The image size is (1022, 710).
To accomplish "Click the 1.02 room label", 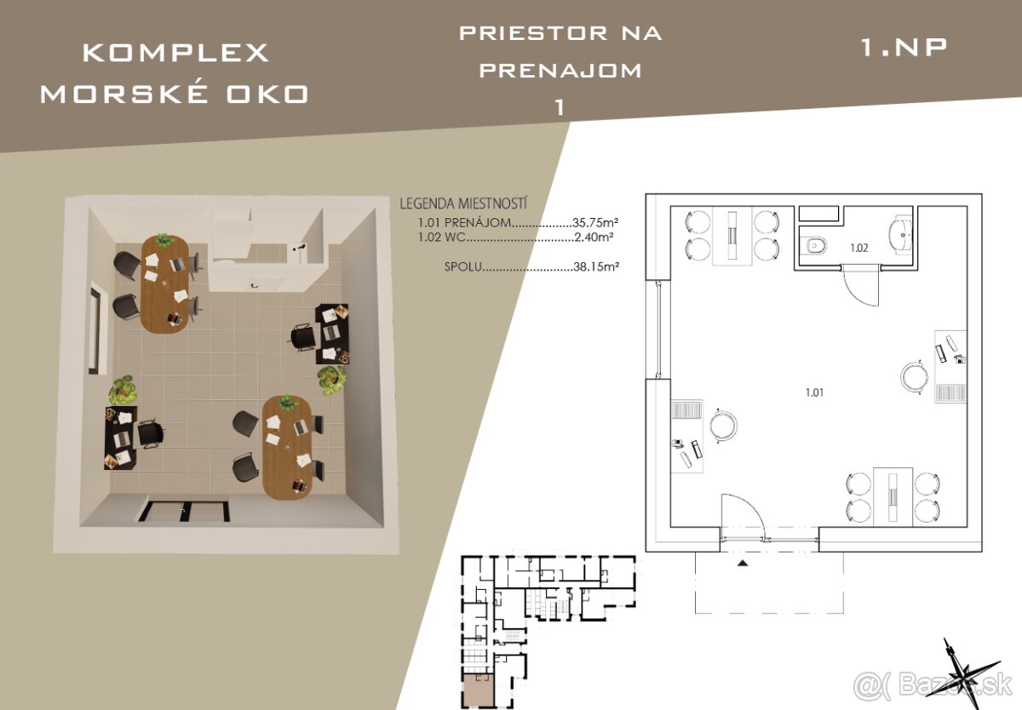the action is click(858, 248).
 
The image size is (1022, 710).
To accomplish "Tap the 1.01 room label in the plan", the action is click(814, 392).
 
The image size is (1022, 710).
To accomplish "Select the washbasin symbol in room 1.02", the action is click(899, 235).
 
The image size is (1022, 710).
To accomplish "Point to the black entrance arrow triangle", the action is click(743, 564).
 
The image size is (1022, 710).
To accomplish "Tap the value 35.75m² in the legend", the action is click(595, 222).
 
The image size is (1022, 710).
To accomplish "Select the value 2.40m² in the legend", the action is click(594, 238).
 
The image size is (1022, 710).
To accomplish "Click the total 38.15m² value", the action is click(596, 266).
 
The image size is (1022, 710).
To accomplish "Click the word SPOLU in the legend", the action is click(463, 266).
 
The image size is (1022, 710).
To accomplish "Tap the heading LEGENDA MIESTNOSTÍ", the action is click(463, 203).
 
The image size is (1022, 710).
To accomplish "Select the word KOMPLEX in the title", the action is click(175, 53).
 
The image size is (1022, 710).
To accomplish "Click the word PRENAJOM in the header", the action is click(560, 71).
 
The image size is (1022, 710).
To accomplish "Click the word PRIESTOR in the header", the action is click(533, 33).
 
